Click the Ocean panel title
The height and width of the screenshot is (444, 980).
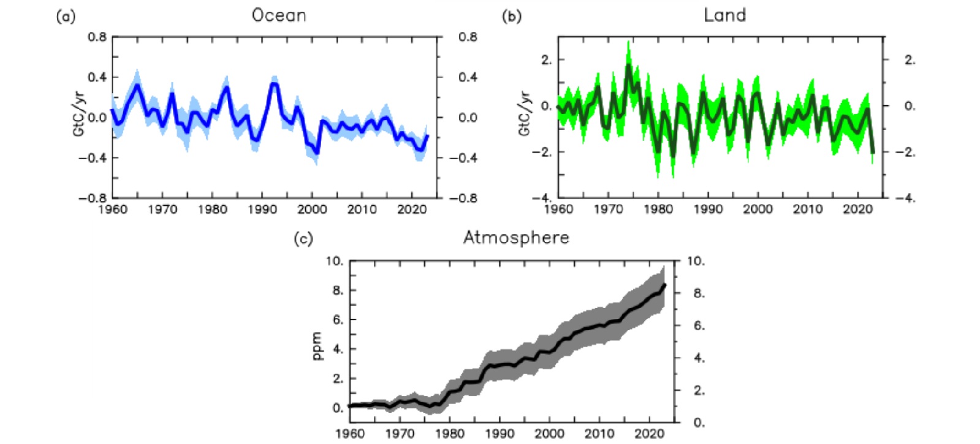click(279, 15)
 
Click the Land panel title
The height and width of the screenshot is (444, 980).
click(724, 15)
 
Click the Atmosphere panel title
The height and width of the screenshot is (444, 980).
click(516, 238)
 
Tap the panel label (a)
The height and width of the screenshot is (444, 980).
click(66, 17)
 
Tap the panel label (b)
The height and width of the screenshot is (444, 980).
click(512, 17)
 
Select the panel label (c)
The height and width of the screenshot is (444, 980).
click(303, 239)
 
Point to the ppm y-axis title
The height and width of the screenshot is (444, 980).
click(317, 346)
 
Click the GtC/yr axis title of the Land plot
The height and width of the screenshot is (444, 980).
click(525, 114)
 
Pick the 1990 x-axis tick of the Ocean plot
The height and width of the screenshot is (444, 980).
click(262, 209)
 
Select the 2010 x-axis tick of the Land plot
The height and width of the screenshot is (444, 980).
click(808, 209)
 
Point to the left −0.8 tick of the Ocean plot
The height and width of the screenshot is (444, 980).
click(93, 198)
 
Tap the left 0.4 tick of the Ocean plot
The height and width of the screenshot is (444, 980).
click(97, 77)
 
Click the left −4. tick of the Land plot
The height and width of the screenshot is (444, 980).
click(541, 198)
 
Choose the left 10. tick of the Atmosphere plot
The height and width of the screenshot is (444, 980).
click(334, 262)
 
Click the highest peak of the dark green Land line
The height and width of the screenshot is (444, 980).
click(628, 65)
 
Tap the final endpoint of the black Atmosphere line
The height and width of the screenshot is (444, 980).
click(664, 285)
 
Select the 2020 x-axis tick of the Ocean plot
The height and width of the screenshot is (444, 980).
click(412, 209)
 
